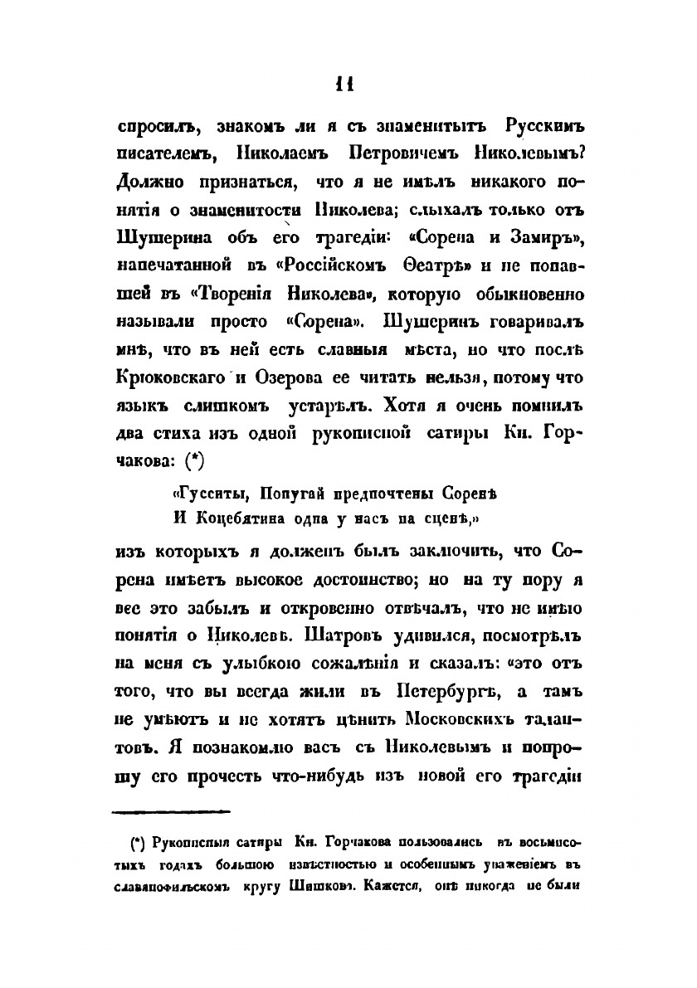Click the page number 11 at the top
(x=346, y=85)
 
